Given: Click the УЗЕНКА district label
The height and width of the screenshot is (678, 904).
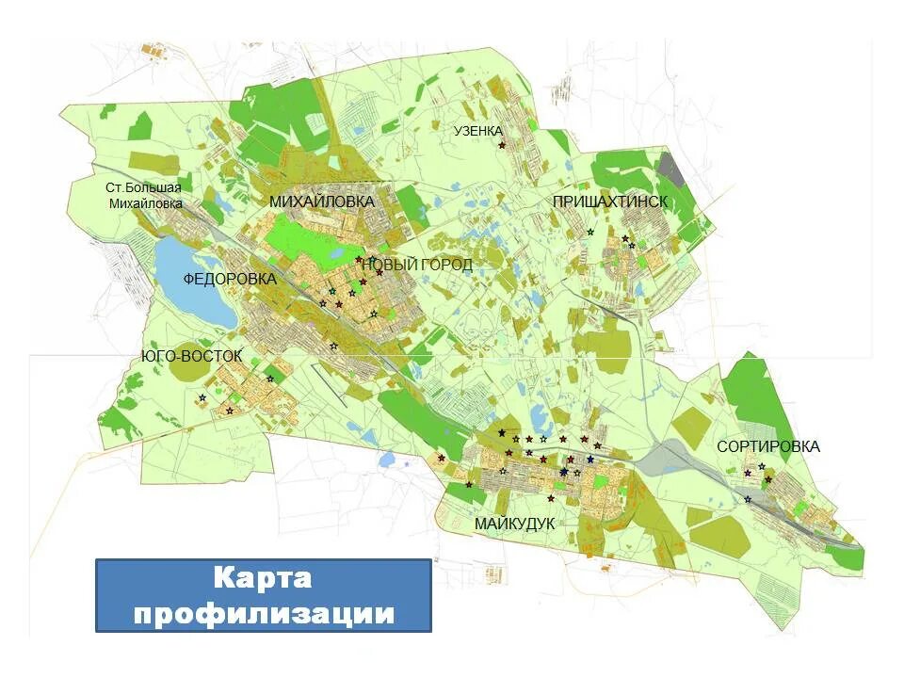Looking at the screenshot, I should tap(478, 131).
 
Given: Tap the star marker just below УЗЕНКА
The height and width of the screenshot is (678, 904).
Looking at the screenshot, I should tap(502, 145).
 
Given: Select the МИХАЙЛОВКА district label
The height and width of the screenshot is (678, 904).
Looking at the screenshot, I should tap(321, 202).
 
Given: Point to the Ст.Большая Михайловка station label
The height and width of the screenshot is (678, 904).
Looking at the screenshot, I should tap(144, 195).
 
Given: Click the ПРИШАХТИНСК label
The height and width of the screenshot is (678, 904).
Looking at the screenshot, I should tap(609, 202).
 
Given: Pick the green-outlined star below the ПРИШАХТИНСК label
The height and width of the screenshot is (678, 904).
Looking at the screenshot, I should tap(590, 232).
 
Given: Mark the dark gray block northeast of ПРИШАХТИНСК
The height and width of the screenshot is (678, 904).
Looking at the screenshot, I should tap(670, 168).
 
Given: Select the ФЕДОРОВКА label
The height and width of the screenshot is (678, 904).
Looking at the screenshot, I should tap(230, 279).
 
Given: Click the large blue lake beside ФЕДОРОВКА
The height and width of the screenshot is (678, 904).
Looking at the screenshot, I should tap(193, 282).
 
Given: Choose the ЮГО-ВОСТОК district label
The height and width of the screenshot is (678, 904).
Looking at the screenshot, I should tap(191, 356).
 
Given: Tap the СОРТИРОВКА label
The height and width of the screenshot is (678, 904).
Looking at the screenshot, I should tap(767, 446).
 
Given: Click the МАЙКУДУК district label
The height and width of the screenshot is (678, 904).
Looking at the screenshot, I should tap(514, 523).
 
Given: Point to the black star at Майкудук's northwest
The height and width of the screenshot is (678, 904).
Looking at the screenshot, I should tap(502, 432).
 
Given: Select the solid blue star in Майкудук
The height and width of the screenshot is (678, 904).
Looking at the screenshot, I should tap(590, 460).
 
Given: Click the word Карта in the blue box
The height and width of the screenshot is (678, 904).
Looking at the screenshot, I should tap(263, 576).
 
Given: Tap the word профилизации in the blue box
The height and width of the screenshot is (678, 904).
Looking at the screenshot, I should tap(263, 613).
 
